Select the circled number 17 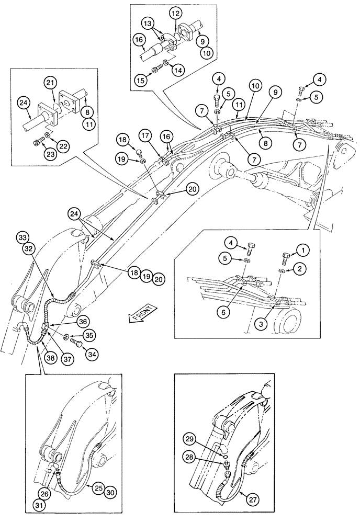[x=146, y=134]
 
